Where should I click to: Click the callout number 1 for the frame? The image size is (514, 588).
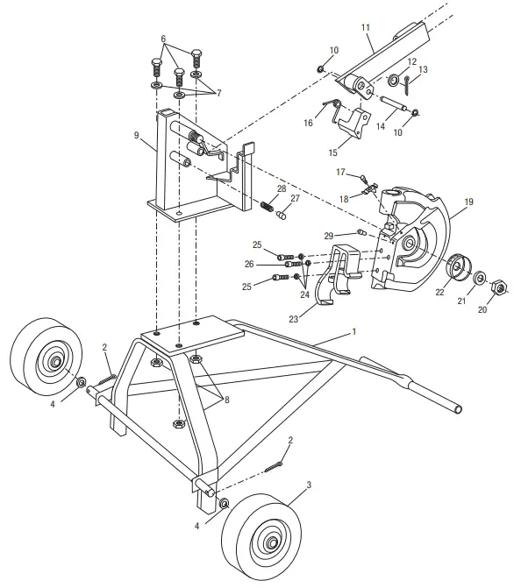[353, 333]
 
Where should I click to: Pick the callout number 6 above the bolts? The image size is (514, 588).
[162, 39]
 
